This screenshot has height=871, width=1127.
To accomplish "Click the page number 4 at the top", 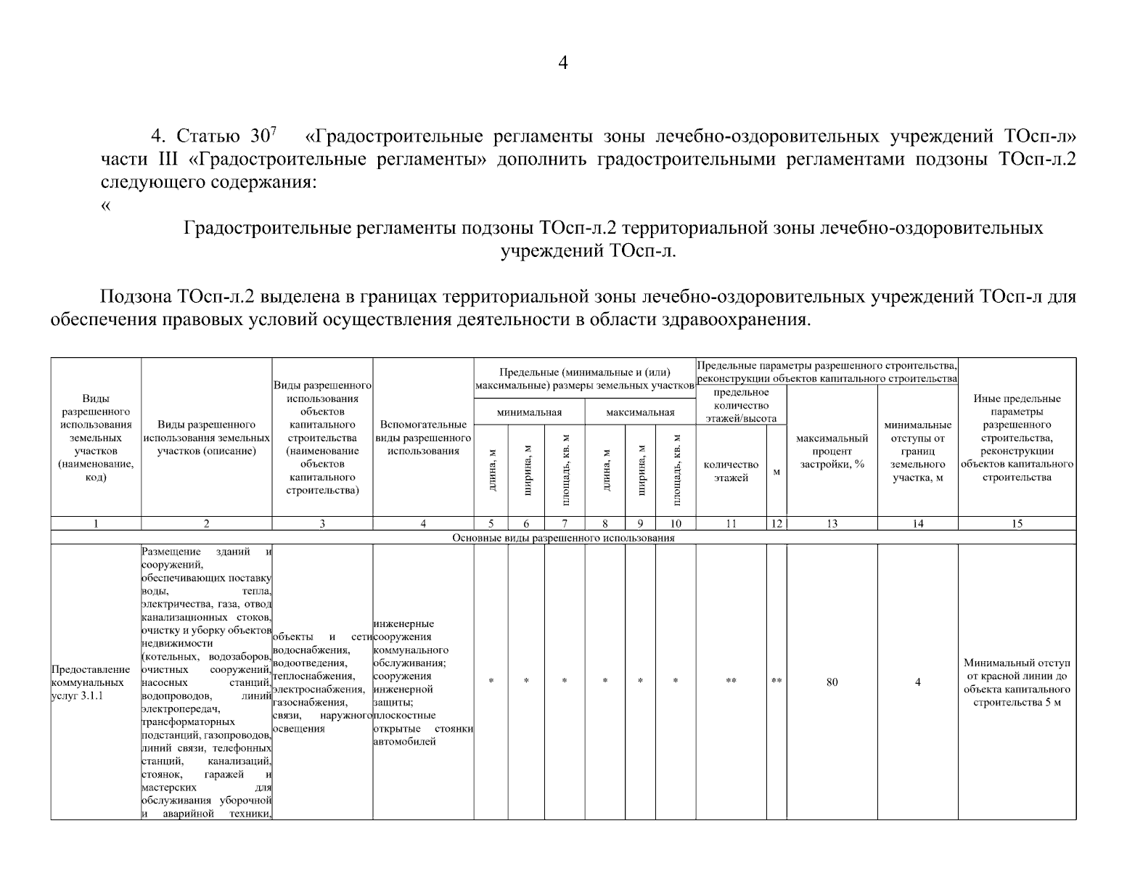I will tap(563, 63).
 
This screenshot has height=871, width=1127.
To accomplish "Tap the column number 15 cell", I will tap(1017, 523).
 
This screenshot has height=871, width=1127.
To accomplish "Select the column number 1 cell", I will tap(96, 523).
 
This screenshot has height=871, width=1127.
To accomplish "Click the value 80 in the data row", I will tap(832, 682).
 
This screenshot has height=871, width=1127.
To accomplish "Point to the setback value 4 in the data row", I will tap(917, 682).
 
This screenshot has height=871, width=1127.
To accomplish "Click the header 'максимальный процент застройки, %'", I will tap(832, 451).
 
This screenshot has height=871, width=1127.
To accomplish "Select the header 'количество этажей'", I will tap(731, 471).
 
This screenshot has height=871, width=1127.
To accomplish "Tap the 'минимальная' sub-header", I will tap(530, 412).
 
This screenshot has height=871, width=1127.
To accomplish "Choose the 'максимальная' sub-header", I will tap(640, 412).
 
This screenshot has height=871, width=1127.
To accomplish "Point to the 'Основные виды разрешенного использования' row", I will tap(563, 538).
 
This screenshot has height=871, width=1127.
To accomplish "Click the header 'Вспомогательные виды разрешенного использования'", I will tap(423, 438).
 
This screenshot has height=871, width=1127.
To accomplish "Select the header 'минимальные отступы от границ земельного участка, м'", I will tap(917, 451).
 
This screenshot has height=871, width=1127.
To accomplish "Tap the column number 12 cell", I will tap(776, 523).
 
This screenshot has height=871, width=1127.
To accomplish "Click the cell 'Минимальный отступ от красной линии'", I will tap(1017, 682).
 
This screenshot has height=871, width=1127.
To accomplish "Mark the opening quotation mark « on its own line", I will tap(106, 205).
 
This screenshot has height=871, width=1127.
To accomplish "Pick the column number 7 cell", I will tap(564, 523).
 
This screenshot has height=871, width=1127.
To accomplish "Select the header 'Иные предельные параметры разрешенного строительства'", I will tap(1017, 438).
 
